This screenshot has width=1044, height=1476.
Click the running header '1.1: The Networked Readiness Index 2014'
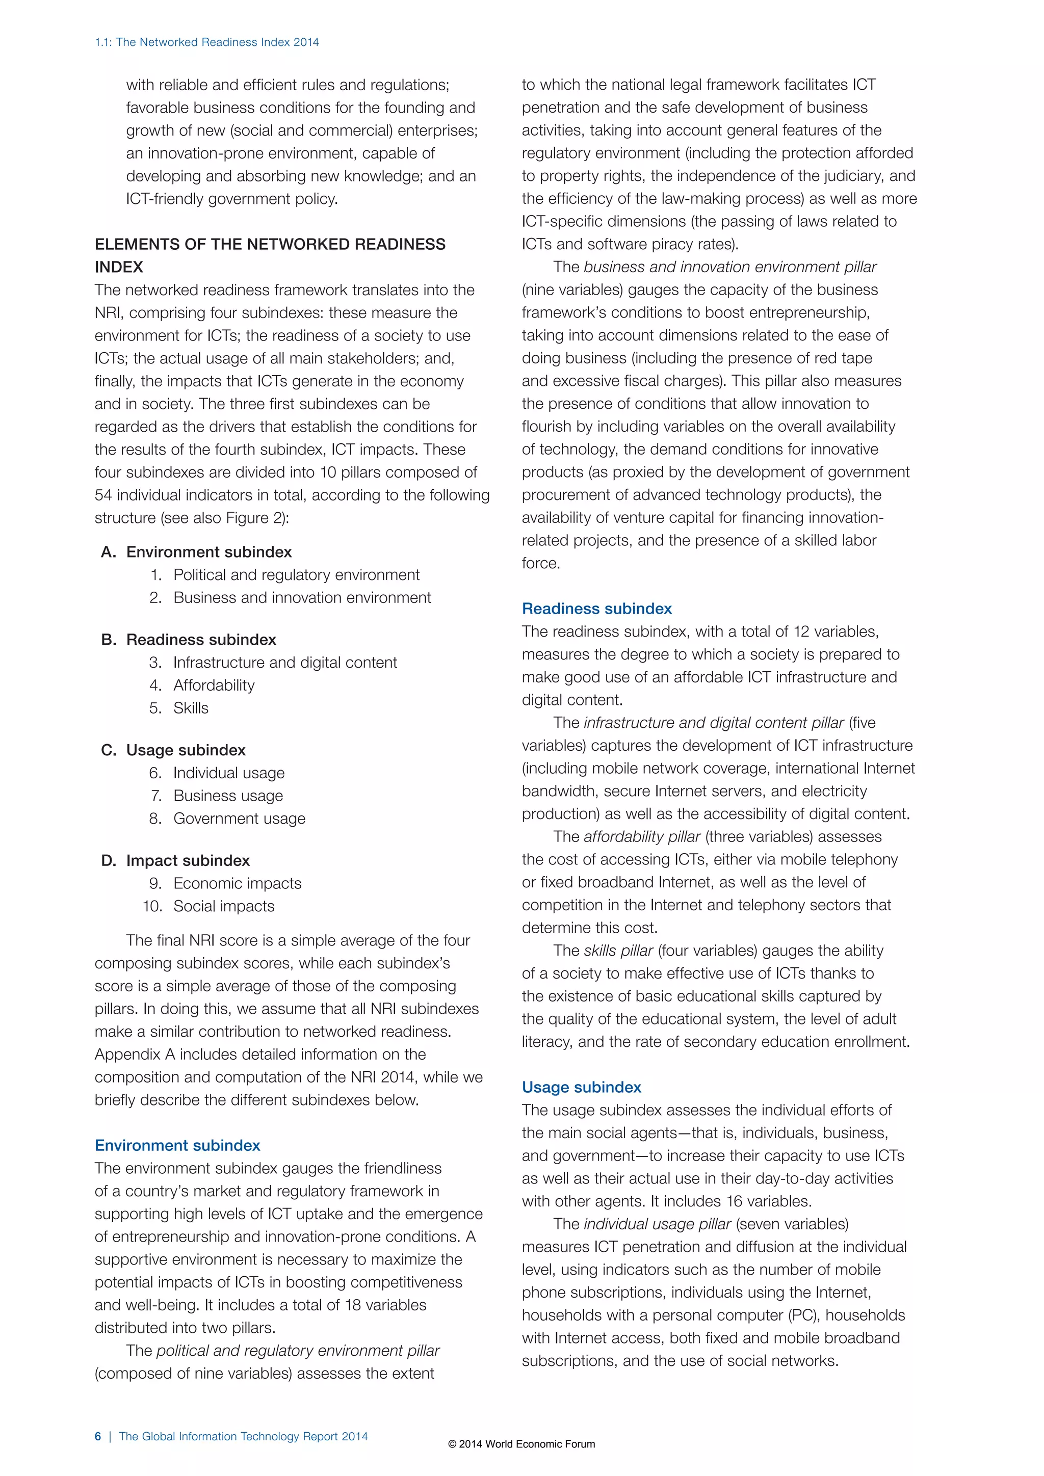[x=206, y=42]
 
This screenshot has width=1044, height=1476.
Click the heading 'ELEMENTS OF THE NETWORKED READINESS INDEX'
[x=270, y=255]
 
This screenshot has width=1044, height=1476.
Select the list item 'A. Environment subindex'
[x=196, y=551]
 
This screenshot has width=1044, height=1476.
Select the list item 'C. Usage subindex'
[x=173, y=750]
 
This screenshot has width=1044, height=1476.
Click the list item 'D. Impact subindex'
[x=175, y=860]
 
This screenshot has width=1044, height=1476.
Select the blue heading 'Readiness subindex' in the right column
[x=596, y=608]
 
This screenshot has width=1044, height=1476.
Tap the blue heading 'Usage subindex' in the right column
[x=581, y=1087]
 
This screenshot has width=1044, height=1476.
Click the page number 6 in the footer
[x=98, y=1436]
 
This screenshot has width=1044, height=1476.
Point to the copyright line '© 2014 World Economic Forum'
[x=521, y=1444]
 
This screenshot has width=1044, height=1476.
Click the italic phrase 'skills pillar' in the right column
[x=618, y=950]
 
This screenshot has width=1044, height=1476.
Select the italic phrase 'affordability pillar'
[x=642, y=836]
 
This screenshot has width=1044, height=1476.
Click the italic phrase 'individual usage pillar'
[x=657, y=1224]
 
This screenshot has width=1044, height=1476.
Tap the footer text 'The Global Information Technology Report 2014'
[x=243, y=1436]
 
